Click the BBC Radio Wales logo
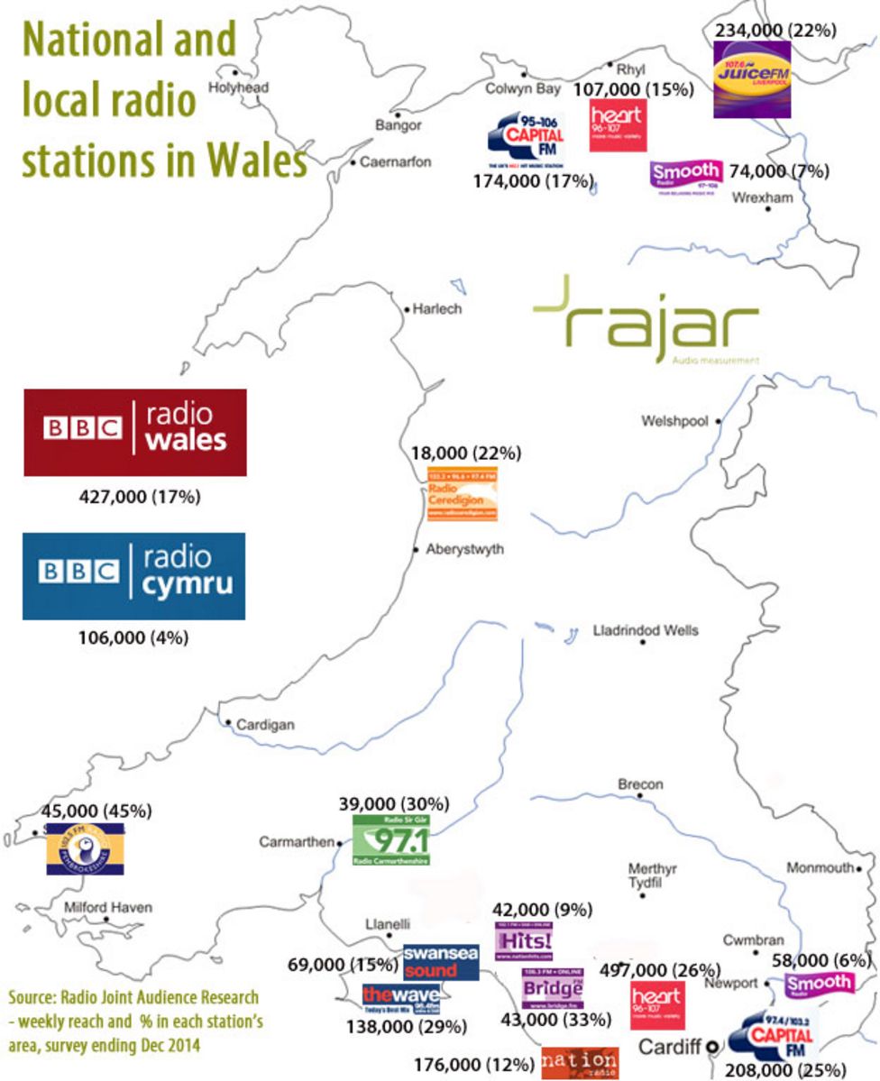(x=134, y=432)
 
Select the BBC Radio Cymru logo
(x=133, y=575)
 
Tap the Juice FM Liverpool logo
(x=752, y=78)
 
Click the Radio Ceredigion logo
(x=463, y=494)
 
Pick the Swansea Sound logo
(x=441, y=962)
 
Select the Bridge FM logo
(x=553, y=988)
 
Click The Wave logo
(x=402, y=996)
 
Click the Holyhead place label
(x=239, y=87)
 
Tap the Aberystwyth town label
(x=465, y=549)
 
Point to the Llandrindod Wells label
(x=645, y=631)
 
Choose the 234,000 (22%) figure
(x=775, y=30)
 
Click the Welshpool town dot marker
(x=719, y=420)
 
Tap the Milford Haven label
(x=108, y=907)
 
